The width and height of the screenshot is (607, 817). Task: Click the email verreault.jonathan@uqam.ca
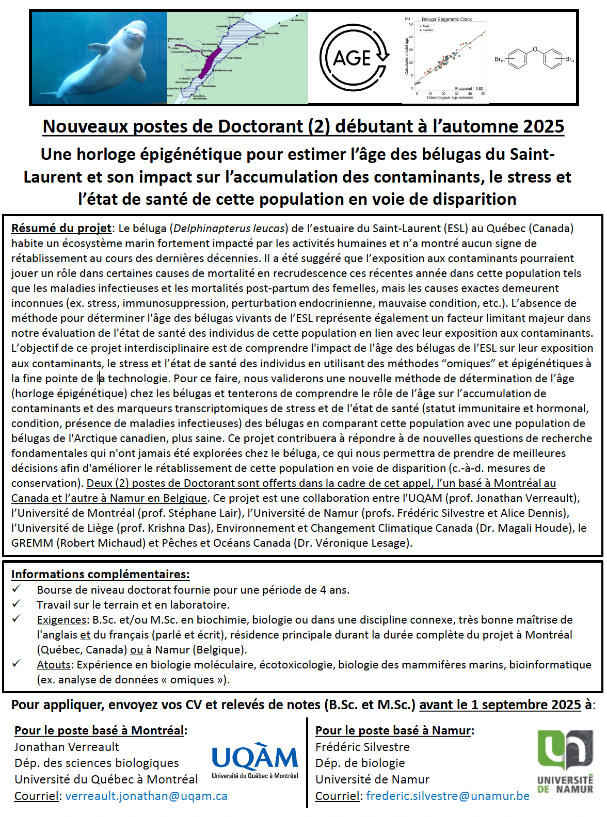click(x=146, y=796)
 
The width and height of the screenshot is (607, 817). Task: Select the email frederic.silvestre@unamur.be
click(x=448, y=796)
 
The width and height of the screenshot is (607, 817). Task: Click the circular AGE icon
click(x=354, y=57)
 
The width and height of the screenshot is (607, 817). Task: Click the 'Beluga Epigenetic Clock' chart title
click(x=446, y=20)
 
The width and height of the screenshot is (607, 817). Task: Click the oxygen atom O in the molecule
click(x=535, y=50)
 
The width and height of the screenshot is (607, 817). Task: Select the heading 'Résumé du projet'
click(x=61, y=228)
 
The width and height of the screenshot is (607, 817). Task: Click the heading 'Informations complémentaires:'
click(x=100, y=574)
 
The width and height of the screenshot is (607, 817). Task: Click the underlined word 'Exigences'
click(x=61, y=619)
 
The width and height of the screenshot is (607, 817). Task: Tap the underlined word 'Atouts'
click(x=54, y=664)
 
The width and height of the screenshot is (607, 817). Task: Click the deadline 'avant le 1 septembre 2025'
click(x=500, y=705)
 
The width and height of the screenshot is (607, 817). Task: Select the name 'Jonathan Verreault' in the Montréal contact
click(x=67, y=747)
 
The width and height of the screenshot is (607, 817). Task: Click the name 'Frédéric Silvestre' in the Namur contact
click(x=362, y=747)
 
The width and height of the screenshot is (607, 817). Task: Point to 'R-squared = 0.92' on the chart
click(x=469, y=89)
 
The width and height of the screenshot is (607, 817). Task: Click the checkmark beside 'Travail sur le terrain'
click(x=17, y=603)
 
